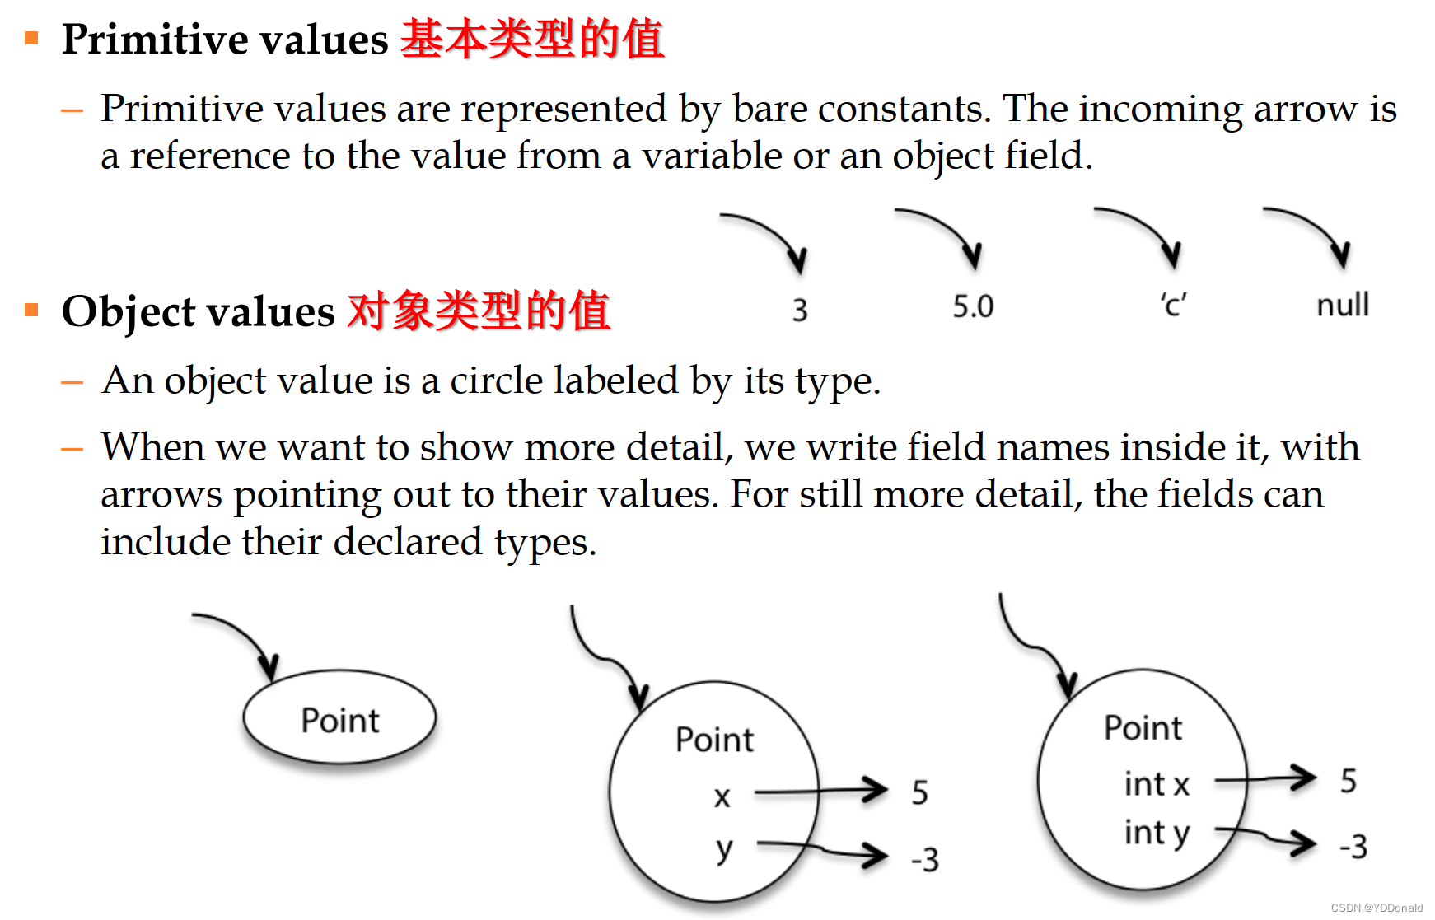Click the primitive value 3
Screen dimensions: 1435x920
point(800,311)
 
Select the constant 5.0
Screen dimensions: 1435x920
point(973,307)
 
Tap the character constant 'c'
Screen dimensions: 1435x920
point(1173,306)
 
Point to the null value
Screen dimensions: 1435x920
point(1343,306)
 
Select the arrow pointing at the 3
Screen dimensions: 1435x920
point(770,236)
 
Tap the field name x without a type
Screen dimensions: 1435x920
point(722,797)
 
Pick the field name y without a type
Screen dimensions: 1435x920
point(724,848)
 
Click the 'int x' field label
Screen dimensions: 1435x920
point(1157,784)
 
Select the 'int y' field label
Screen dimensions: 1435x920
point(1157,834)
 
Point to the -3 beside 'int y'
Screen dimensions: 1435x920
point(1353,847)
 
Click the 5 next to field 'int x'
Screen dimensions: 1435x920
point(1348,781)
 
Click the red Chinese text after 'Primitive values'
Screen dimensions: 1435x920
point(532,40)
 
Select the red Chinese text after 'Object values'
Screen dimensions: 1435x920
point(479,311)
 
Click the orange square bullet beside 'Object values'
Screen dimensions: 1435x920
point(32,310)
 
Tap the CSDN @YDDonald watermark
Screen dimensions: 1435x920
point(1377,908)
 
